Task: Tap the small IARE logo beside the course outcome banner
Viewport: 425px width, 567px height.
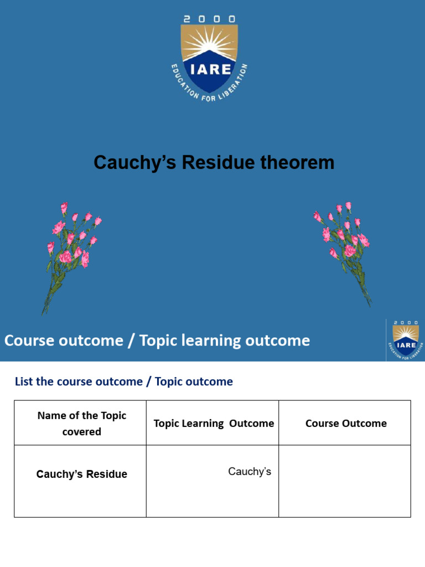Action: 405,339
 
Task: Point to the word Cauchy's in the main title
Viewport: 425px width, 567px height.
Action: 135,163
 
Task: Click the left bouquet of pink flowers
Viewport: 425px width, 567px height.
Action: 70,252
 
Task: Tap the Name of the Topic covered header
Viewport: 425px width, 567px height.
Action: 81,423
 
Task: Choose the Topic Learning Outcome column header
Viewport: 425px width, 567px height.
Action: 214,424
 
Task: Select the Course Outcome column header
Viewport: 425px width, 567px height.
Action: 346,424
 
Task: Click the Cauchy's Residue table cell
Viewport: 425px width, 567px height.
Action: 81,475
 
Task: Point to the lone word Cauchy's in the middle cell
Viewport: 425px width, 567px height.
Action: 250,472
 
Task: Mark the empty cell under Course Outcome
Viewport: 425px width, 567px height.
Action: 345,481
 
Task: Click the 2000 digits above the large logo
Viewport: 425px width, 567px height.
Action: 209,18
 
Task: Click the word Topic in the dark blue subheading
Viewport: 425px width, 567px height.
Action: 169,382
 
